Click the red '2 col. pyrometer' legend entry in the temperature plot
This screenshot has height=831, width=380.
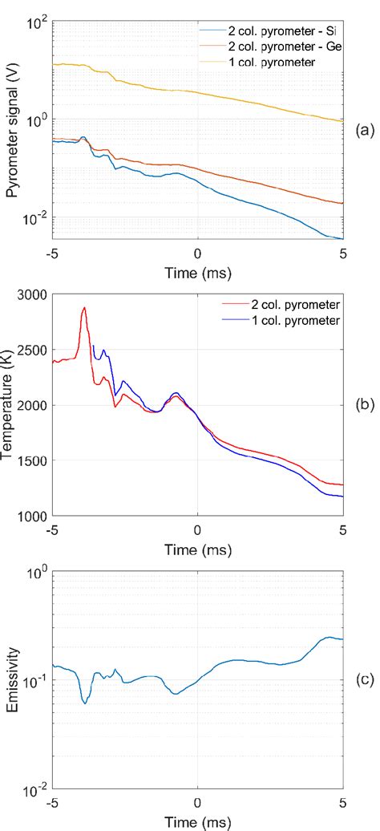293,306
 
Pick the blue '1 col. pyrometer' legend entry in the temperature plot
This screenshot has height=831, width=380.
293,321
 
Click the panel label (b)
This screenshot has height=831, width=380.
362,405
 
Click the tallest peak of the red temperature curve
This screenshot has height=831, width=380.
83,307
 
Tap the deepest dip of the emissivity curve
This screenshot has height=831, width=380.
84,703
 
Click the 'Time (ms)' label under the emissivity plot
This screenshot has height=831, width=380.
197,822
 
